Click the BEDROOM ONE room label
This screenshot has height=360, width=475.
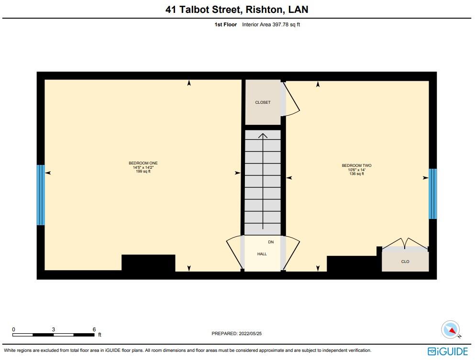point(143,164)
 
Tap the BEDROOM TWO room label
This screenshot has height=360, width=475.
point(356,166)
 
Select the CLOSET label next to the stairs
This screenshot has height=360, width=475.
point(263,102)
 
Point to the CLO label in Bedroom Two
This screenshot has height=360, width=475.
point(405,262)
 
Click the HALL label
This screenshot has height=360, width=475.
point(262,254)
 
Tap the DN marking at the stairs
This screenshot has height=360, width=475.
point(271,242)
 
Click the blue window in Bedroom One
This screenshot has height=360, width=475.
point(41,195)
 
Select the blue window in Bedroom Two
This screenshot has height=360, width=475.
point(432,194)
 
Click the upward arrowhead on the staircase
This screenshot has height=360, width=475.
point(263,136)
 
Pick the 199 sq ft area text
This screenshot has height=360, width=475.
point(143,171)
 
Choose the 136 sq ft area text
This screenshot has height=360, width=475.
point(356,174)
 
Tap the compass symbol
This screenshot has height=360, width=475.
point(450,330)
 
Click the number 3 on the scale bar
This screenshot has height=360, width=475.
point(54,329)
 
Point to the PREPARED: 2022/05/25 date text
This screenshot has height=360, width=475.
point(237,334)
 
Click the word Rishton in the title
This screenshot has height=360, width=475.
point(266,9)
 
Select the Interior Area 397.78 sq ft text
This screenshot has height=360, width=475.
point(271,24)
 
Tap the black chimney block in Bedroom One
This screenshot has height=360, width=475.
point(148,263)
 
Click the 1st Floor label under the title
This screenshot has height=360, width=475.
point(225,24)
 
